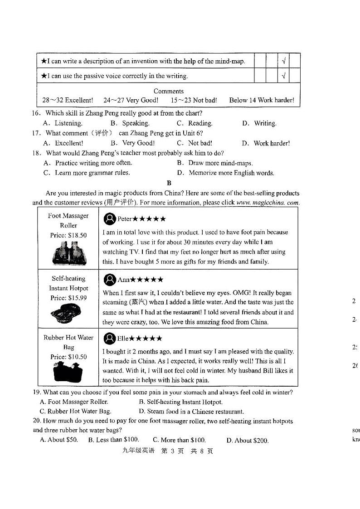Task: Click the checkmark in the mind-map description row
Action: [283, 61]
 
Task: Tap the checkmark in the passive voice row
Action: [283, 76]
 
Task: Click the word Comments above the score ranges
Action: [169, 91]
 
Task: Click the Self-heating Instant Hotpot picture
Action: [68, 313]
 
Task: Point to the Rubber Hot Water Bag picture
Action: [68, 372]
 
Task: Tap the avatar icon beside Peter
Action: [109, 219]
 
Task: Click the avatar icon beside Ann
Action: [109, 280]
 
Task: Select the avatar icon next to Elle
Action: [109, 338]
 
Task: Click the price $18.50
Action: [68, 235]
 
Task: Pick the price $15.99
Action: [68, 298]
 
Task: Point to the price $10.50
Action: [68, 357]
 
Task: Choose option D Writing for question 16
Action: [259, 123]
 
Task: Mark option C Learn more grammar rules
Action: [87, 173]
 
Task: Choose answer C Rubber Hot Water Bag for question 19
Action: [75, 412]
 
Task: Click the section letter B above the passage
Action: [169, 183]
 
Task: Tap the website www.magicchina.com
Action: [268, 203]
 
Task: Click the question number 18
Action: [37, 153]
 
